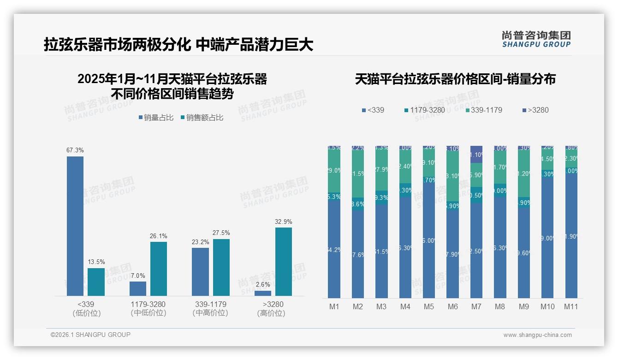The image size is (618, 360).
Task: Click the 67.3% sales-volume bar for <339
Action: click(x=75, y=226)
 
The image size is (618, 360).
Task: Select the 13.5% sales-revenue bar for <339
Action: click(x=96, y=282)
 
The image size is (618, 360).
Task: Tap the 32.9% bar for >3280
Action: click(x=284, y=262)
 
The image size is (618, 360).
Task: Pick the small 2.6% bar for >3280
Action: click(x=263, y=293)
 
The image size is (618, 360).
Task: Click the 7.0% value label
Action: click(x=138, y=276)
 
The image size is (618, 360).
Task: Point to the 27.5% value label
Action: click(x=221, y=233)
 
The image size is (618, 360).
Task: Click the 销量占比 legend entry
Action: click(x=156, y=118)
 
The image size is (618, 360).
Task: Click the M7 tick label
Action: click(x=476, y=306)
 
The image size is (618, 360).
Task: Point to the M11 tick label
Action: click(x=571, y=306)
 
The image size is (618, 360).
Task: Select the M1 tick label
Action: click(x=334, y=306)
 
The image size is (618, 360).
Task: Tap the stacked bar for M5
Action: click(x=429, y=222)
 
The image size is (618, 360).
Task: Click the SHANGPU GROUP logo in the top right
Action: click(x=536, y=39)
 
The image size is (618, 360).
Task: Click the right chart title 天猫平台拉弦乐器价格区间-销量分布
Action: click(x=455, y=79)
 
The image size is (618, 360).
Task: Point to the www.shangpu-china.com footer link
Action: click(x=537, y=335)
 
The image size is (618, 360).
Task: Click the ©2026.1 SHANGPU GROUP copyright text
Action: click(x=90, y=335)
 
